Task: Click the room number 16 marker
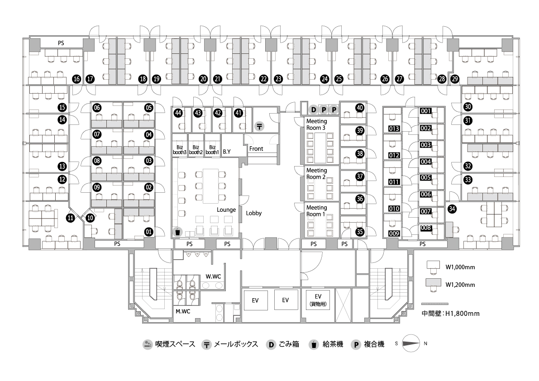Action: [x=76, y=79]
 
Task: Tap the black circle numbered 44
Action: [x=178, y=113]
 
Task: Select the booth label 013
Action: [x=394, y=129]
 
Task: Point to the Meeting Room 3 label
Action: [x=316, y=124]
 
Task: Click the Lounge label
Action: [x=226, y=210]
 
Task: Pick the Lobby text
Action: [x=254, y=213]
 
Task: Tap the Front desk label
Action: [x=256, y=148]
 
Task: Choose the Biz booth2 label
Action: [x=196, y=150]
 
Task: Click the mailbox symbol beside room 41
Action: [x=259, y=126]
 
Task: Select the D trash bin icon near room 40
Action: [x=313, y=110]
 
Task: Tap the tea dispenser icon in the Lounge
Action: [x=177, y=232]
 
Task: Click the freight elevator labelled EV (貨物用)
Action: [x=318, y=300]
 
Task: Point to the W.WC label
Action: [x=213, y=276]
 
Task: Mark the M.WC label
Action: [x=183, y=311]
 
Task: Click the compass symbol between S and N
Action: [x=411, y=343]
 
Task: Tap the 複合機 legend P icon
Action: [x=356, y=345]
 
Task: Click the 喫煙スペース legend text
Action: [x=175, y=344]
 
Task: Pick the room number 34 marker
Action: [x=452, y=209]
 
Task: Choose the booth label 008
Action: [x=425, y=228]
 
